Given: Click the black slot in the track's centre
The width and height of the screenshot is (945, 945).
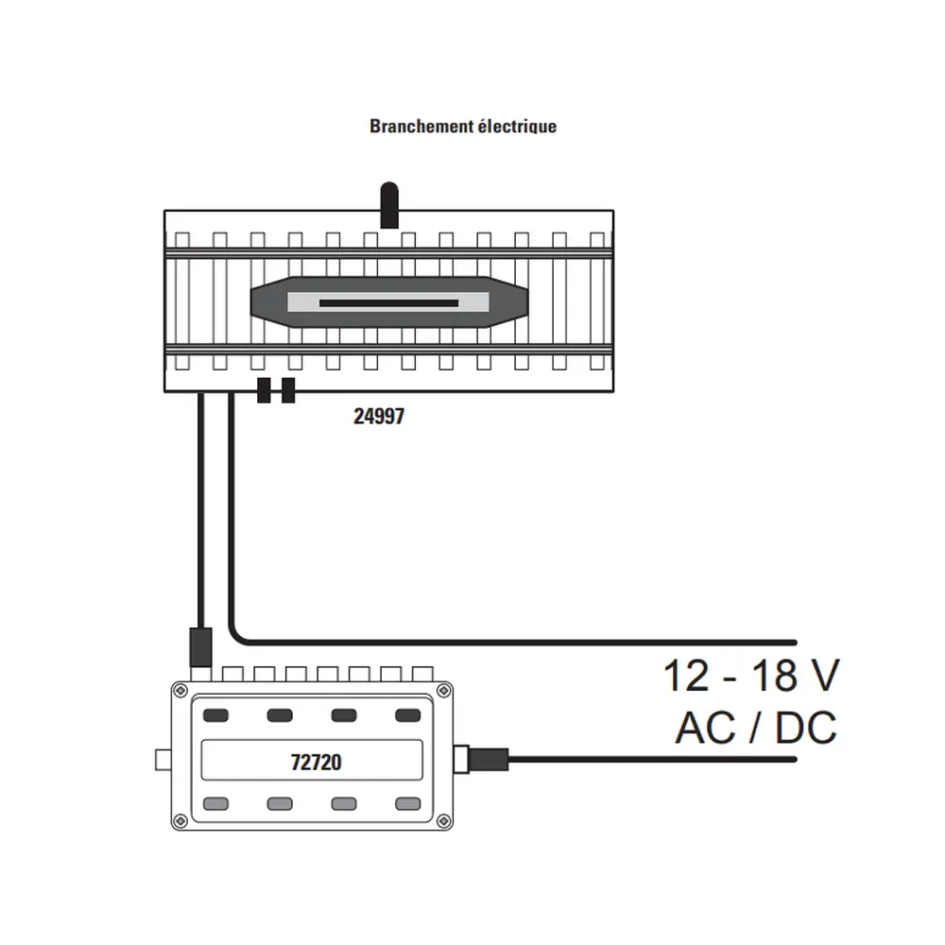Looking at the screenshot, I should pyautogui.click(x=388, y=303).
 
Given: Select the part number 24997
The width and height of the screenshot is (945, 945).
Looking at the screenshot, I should pyautogui.click(x=378, y=416).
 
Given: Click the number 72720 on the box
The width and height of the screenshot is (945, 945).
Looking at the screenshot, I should pyautogui.click(x=312, y=762).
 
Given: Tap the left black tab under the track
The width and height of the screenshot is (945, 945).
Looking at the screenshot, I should pyautogui.click(x=264, y=390).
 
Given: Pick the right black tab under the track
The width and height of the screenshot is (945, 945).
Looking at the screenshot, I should pyautogui.click(x=288, y=390).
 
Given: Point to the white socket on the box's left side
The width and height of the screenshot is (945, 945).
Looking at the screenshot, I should pyautogui.click(x=162, y=760).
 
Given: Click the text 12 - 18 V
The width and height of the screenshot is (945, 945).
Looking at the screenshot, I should pyautogui.click(x=750, y=677).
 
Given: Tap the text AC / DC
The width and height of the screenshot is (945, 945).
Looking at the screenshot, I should pyautogui.click(x=755, y=729).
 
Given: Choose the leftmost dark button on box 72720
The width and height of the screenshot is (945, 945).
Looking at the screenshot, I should pyautogui.click(x=216, y=715).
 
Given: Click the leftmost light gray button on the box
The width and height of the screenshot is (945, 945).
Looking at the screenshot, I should pyautogui.click(x=216, y=804).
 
